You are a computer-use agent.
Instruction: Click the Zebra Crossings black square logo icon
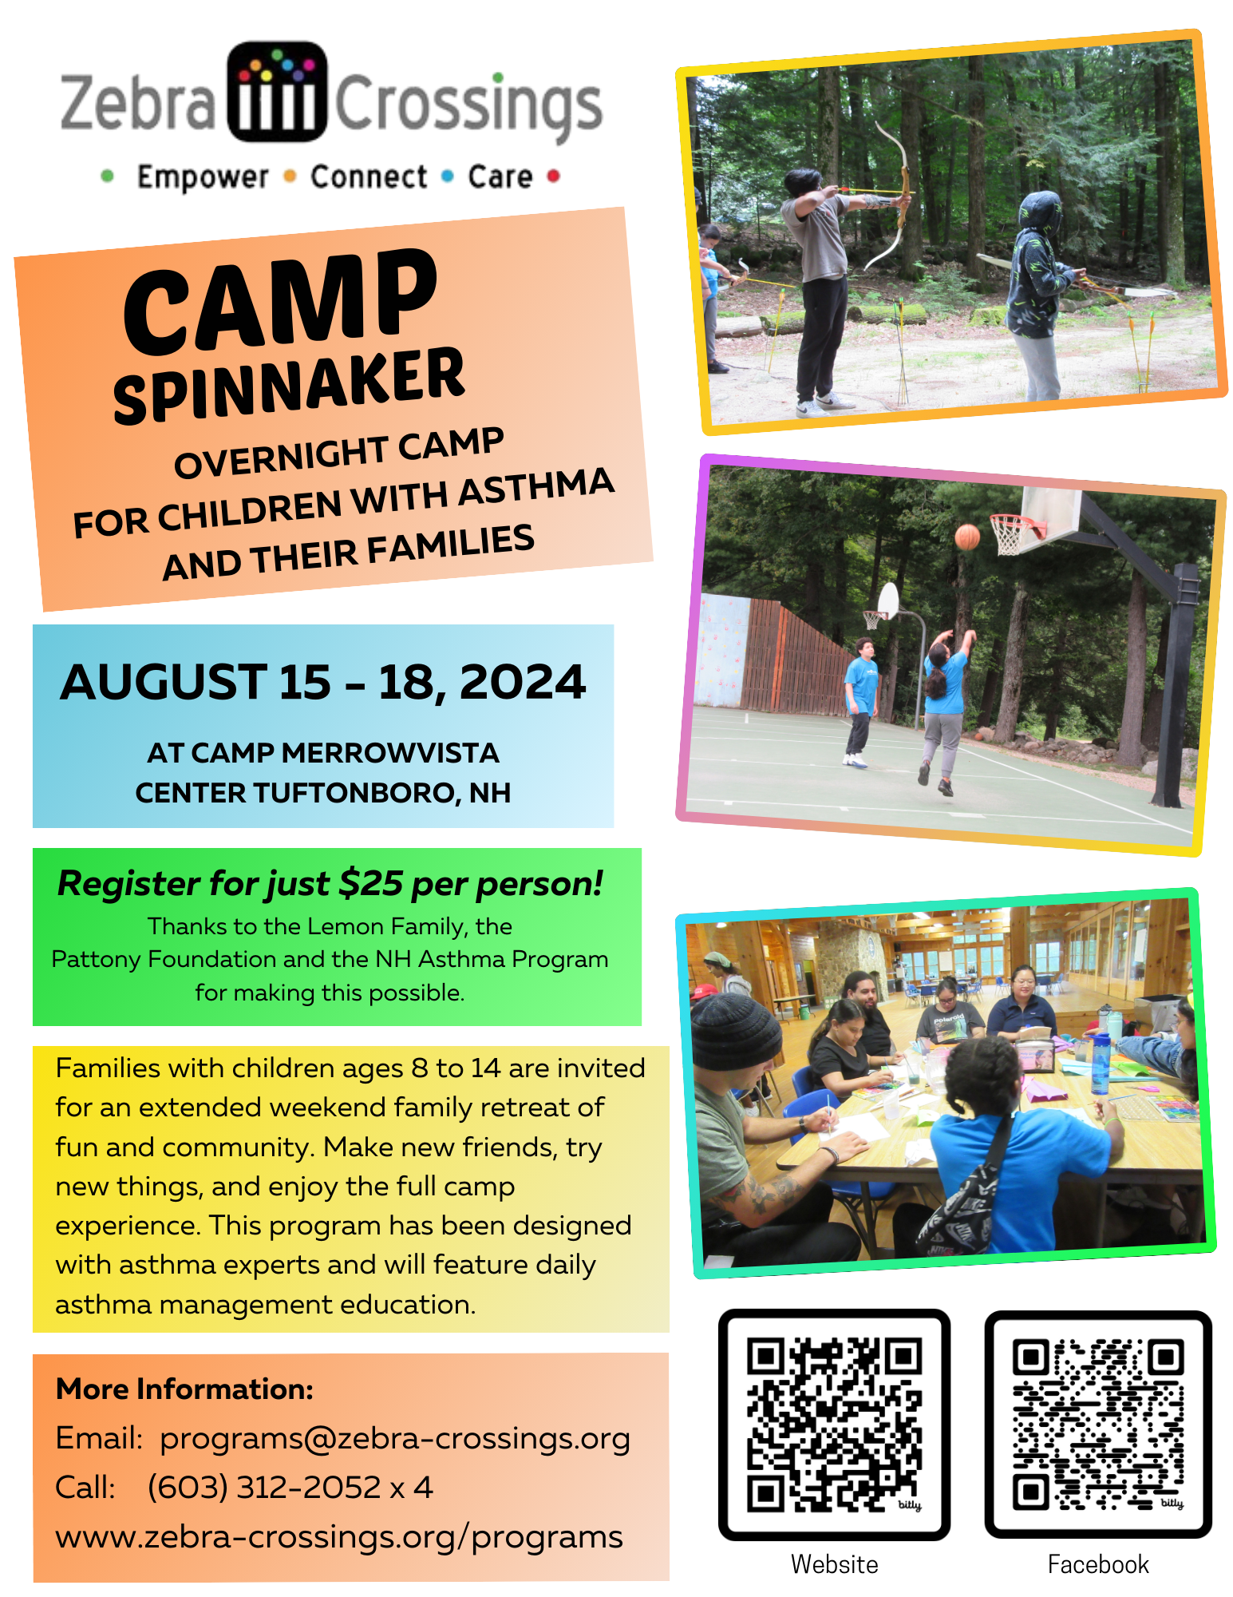[x=277, y=92]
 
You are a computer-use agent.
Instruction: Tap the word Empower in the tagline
[x=203, y=177]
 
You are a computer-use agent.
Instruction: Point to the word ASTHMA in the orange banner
[x=535, y=487]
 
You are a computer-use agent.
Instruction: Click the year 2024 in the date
[x=523, y=682]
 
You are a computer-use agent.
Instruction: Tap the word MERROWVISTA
[x=390, y=752]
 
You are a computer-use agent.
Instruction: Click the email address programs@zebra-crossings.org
[x=395, y=1439]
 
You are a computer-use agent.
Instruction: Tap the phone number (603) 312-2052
[x=264, y=1488]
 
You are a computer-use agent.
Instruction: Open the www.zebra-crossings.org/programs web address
[x=339, y=1537]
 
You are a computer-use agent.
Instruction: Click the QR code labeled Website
[x=834, y=1425]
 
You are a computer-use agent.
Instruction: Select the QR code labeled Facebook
[x=1098, y=1425]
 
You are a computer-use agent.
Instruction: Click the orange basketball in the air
[x=967, y=537]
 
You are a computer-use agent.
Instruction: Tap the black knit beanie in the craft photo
[x=735, y=1032]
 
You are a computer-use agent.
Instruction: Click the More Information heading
[x=184, y=1389]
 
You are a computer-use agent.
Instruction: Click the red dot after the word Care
[x=554, y=176]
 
